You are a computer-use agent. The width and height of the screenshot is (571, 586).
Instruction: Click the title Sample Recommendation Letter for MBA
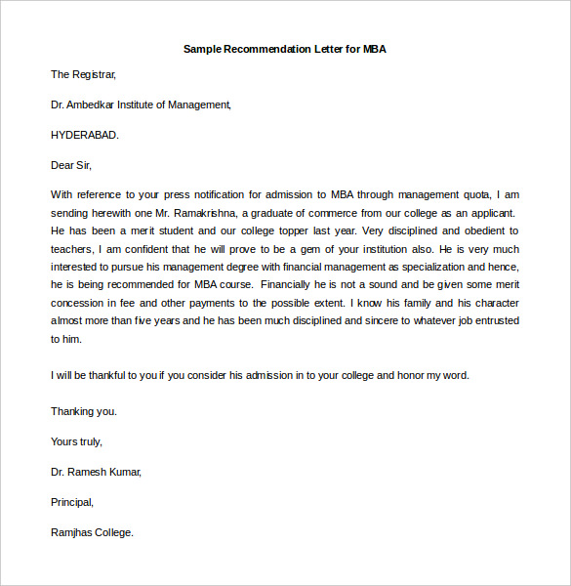(x=285, y=49)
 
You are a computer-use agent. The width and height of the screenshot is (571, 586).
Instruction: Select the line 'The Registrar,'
(x=83, y=74)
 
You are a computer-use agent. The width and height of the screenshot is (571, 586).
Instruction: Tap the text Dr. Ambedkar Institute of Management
(x=141, y=105)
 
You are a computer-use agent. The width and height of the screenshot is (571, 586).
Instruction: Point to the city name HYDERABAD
(x=84, y=135)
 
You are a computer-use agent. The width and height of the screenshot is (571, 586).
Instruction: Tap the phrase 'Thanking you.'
(x=83, y=411)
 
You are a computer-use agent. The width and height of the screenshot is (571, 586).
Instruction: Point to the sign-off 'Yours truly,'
(x=76, y=441)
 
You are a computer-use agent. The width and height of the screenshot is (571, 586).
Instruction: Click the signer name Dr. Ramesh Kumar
(x=96, y=472)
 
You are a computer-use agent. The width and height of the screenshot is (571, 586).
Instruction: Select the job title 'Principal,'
(x=72, y=502)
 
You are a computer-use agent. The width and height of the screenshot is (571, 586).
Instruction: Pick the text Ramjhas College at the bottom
(x=92, y=532)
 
